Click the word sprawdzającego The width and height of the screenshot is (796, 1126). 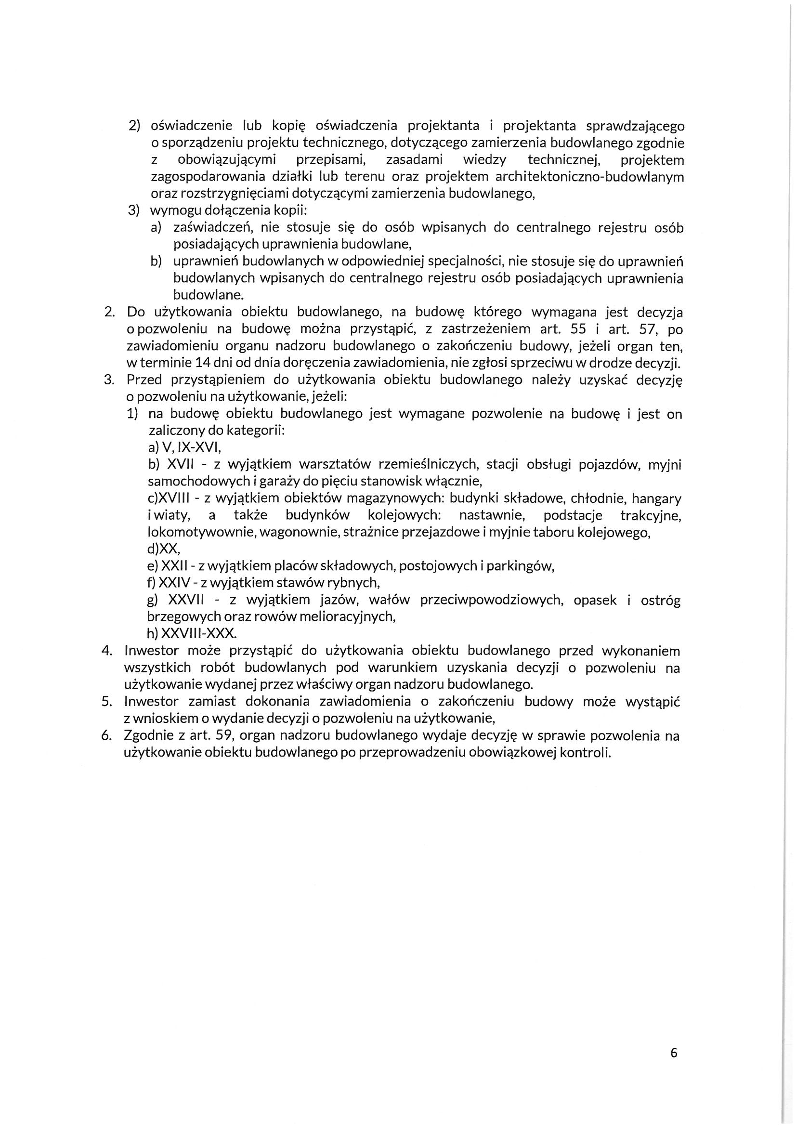click(x=635, y=127)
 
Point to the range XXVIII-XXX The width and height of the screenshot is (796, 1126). click(x=197, y=634)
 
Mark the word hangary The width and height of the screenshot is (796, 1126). click(x=657, y=499)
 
